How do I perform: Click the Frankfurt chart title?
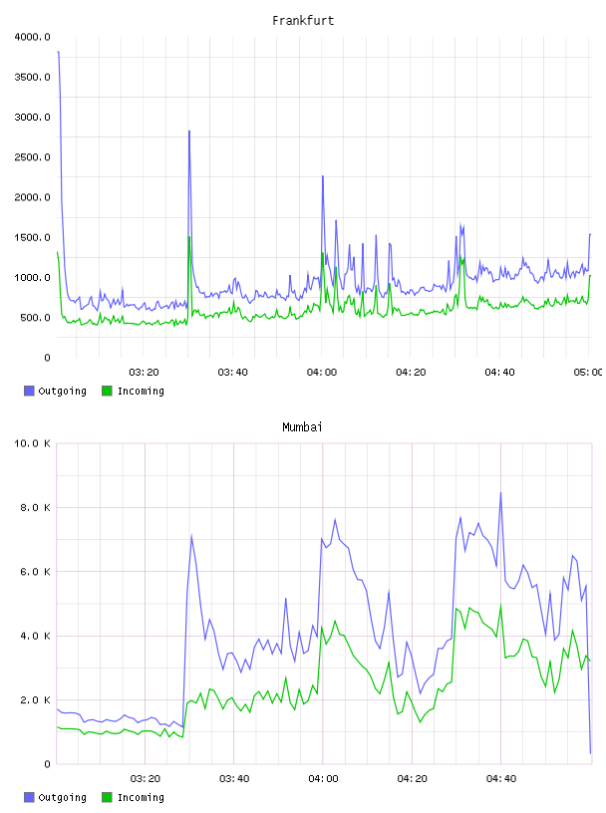pos(303,21)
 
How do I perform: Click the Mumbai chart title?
pos(302,426)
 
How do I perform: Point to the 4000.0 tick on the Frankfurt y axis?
pos(32,37)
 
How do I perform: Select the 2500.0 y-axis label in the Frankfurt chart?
pos(32,157)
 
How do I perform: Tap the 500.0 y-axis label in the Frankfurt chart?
pos(35,317)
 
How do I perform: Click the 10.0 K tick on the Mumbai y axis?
pos(32,443)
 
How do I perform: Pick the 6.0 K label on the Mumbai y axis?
pos(35,571)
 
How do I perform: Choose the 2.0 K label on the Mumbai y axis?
pos(35,700)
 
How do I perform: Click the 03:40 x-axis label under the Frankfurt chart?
pos(233,372)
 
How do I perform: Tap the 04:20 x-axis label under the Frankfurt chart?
pos(411,372)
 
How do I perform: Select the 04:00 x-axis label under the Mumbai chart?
pos(323,778)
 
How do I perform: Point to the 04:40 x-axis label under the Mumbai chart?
pos(501,778)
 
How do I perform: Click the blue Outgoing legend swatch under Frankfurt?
pos(29,391)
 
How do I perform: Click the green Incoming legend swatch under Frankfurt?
pos(107,391)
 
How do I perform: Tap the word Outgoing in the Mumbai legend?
pos(62,797)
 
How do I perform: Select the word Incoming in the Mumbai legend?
pos(141,797)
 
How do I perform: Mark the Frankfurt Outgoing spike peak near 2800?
pos(189,132)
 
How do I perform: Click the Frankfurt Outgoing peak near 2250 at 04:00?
pos(323,176)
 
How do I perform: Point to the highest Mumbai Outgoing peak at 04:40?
pos(500,492)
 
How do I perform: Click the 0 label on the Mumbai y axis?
pos(47,764)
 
